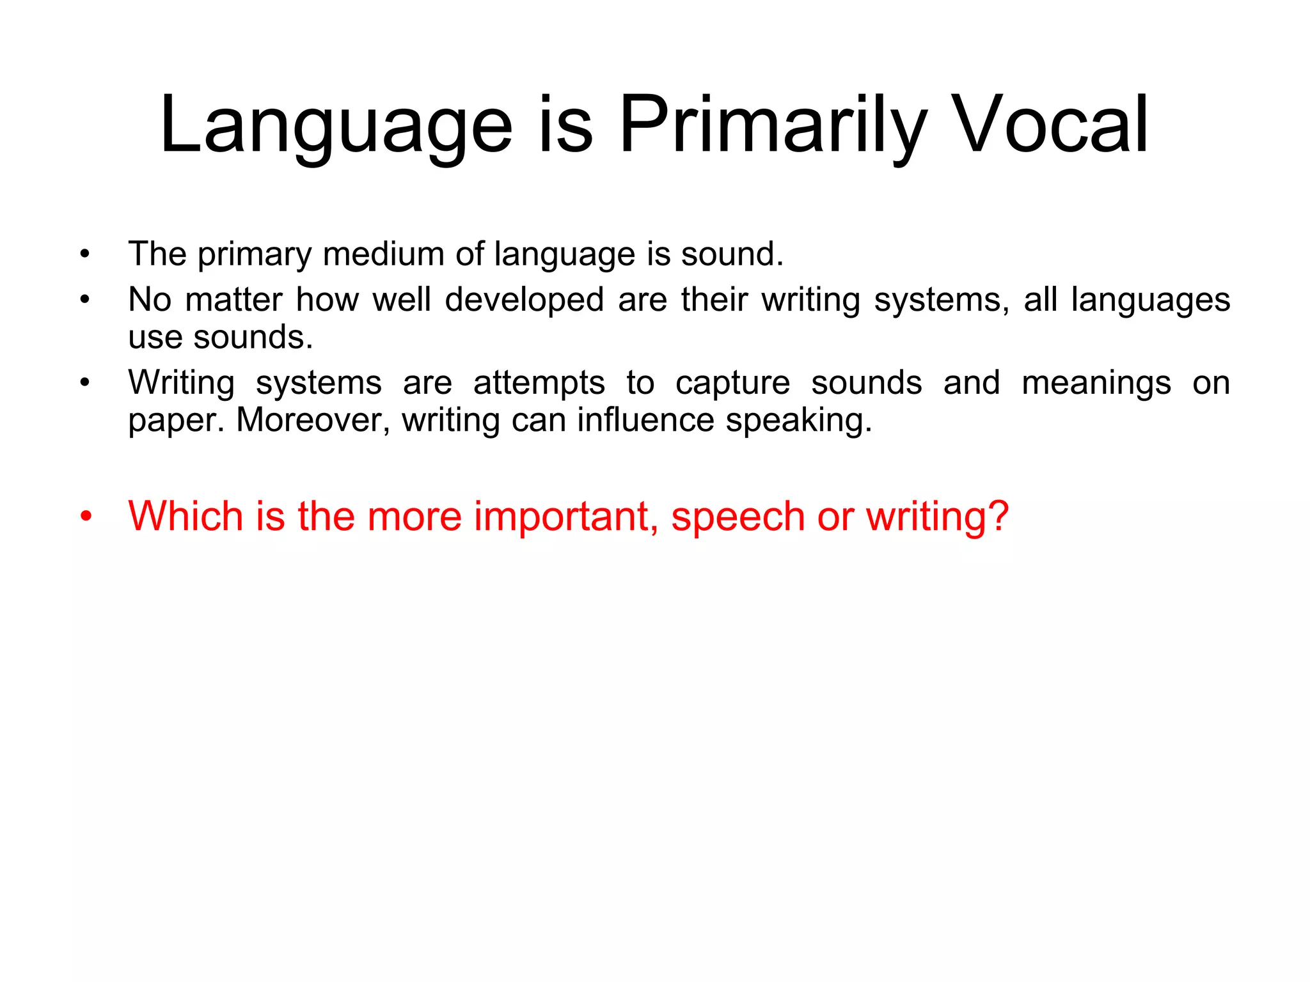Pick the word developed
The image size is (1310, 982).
tap(525, 300)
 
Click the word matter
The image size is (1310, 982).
tap(233, 300)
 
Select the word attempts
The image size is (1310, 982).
tap(539, 383)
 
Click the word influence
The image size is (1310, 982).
tap(645, 421)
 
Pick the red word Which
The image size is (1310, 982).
tap(185, 516)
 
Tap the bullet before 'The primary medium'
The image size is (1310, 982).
tap(85, 254)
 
